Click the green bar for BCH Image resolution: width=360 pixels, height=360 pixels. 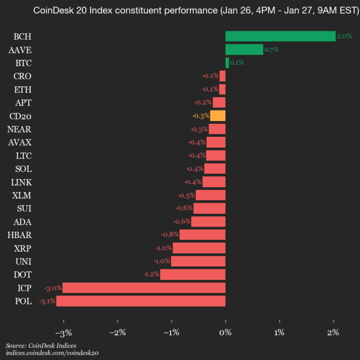coord(280,36)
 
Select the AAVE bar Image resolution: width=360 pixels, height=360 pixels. coord(244,49)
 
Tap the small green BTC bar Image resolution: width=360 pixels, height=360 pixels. coord(227,62)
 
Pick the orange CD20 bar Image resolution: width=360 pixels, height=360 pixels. coord(217,115)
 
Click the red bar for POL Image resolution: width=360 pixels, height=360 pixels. coord(140,301)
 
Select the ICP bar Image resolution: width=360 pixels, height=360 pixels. coord(143,287)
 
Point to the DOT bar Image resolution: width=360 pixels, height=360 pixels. coord(192,274)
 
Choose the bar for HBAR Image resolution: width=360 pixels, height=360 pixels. coord(202,234)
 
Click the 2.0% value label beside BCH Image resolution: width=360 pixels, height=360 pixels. coord(344,36)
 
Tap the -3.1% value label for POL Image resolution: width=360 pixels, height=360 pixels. coord(47,301)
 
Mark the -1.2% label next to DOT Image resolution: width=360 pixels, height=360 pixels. coord(150,274)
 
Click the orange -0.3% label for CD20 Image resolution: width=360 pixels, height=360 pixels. coord(200,115)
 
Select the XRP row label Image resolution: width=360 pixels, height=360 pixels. coord(20,248)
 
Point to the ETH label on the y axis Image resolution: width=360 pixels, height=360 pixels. coord(22,89)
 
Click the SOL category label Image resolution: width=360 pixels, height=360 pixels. coord(23,168)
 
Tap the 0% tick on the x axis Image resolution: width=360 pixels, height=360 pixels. coord(225,332)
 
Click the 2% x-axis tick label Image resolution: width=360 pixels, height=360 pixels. coord(333,332)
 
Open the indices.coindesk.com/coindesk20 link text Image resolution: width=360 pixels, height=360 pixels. coord(52,353)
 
